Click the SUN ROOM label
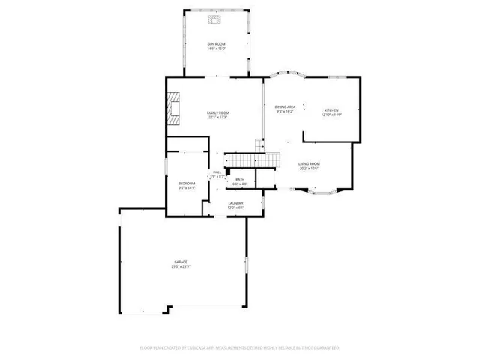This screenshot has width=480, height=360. [x=217, y=44]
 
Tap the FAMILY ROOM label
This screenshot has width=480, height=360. [x=217, y=112]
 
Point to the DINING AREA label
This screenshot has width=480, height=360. [x=285, y=107]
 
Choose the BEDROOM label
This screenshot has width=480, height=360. [x=187, y=184]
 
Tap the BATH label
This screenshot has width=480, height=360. [x=240, y=179]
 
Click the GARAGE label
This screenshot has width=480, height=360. [x=181, y=261]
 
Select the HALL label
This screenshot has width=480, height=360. [x=217, y=172]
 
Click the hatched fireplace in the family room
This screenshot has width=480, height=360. [x=175, y=108]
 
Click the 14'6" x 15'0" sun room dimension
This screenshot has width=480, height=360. [x=217, y=49]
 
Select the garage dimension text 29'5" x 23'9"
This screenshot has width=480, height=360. [x=181, y=266]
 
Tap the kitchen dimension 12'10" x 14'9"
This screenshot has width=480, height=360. [x=331, y=115]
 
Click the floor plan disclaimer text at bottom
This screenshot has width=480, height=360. [x=240, y=347]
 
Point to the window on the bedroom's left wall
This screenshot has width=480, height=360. [x=166, y=183]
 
